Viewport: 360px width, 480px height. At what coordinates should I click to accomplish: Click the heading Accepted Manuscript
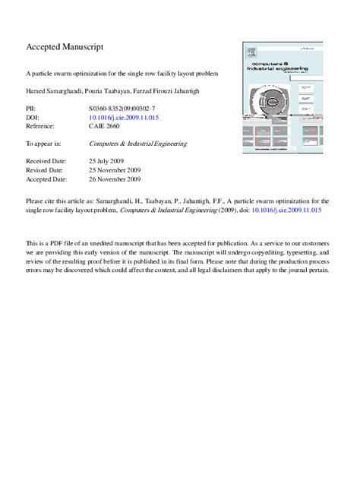click(65, 48)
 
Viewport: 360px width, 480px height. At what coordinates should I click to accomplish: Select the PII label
click(32, 109)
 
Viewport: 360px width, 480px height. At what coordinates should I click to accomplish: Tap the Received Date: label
click(46, 161)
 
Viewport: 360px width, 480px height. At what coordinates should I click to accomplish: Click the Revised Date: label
click(45, 170)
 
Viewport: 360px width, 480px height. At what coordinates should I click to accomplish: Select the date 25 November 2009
click(115, 170)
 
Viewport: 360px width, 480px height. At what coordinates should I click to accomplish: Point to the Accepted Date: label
click(46, 179)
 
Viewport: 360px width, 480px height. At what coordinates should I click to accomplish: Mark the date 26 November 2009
click(115, 179)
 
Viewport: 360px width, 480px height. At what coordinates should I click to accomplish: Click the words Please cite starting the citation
click(41, 200)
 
